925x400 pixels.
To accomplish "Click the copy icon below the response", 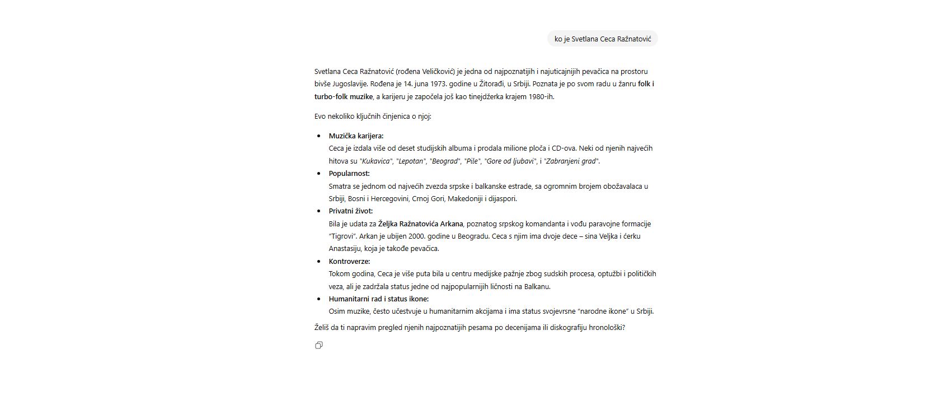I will click(x=319, y=345).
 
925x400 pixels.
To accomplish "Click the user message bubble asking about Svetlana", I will click(x=602, y=39).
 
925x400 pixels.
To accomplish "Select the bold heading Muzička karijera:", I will click(x=356, y=136).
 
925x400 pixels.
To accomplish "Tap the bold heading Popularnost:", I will click(x=349, y=173).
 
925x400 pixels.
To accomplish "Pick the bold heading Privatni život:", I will click(x=350, y=211).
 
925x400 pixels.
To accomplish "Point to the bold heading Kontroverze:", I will click(x=349, y=261).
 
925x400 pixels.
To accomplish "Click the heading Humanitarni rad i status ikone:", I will click(x=378, y=299).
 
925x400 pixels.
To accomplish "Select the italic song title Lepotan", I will click(x=410, y=161).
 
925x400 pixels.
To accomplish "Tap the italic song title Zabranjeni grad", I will click(x=571, y=161).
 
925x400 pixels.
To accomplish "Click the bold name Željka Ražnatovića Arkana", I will click(x=420, y=224).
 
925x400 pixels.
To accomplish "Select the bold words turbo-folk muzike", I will click(x=343, y=96).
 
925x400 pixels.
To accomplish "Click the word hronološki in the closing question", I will click(x=604, y=327).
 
